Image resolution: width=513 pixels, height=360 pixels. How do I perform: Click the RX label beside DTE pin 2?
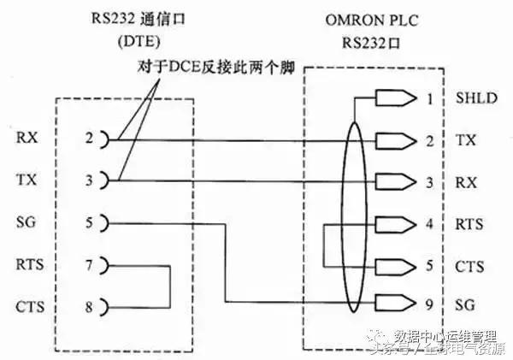tap(26, 139)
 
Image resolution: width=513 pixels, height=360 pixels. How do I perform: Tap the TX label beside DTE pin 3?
tap(26, 180)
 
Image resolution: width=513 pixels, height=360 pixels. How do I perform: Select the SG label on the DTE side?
tap(26, 223)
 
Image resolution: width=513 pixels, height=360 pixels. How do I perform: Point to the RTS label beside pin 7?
tap(28, 265)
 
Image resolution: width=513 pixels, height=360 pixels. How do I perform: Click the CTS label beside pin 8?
tap(28, 305)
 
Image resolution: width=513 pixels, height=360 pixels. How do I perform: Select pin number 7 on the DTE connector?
tap(88, 265)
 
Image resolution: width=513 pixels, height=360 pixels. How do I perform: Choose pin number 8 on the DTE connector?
tap(88, 305)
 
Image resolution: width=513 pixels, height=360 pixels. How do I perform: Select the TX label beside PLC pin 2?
tap(465, 139)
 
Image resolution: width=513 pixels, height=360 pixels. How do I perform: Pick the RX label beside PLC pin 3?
tap(465, 180)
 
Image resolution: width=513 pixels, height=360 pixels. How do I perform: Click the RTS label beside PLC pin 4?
tap(469, 223)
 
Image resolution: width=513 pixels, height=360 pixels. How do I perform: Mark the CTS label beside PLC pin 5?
tap(469, 265)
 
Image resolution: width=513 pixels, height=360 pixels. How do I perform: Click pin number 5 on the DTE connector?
tap(88, 223)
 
